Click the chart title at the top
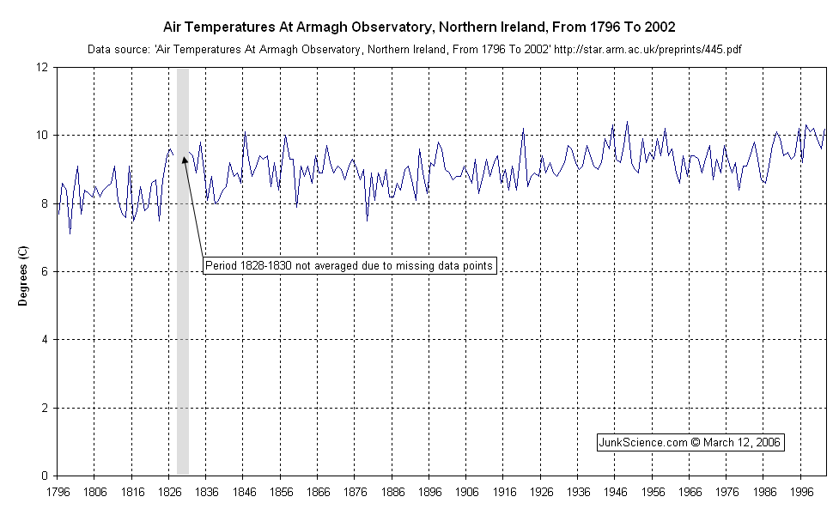419,27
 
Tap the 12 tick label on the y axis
42,67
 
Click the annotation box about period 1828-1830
350,266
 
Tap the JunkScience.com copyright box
690,442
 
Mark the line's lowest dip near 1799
70,233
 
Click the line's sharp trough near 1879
367,221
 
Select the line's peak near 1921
523,129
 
